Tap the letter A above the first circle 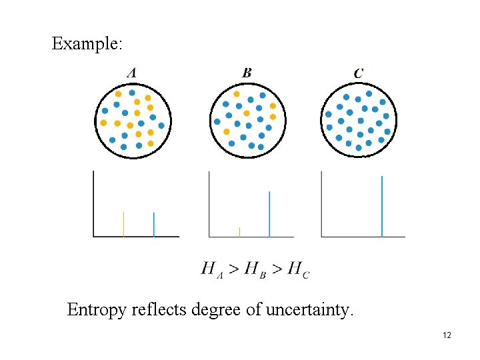(x=132, y=73)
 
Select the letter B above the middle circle (x=247, y=73)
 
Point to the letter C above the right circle (x=359, y=73)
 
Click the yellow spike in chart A (x=123, y=225)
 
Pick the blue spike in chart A (x=154, y=225)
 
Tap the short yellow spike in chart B (x=239, y=232)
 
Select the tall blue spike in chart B (x=269, y=214)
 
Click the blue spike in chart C (x=381, y=206)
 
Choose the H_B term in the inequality (x=255, y=269)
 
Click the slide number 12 (x=447, y=335)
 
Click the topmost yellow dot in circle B (x=237, y=94)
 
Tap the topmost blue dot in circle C (x=369, y=93)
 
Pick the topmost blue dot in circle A (x=132, y=93)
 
